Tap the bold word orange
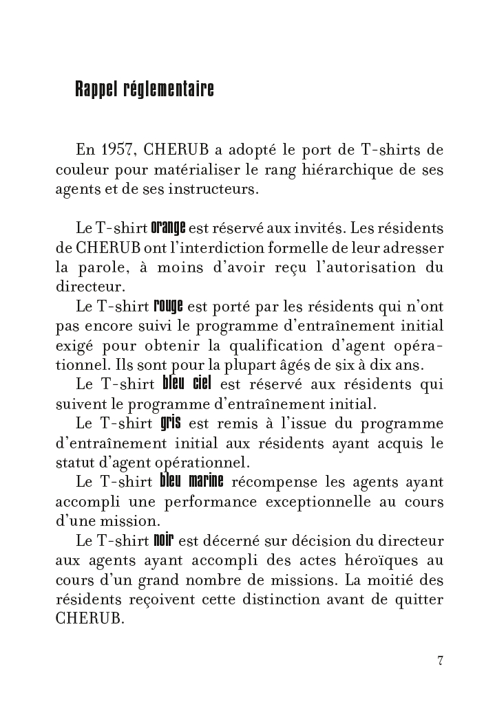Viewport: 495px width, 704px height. pos(168,226)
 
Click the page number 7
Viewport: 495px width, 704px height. pos(439,661)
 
